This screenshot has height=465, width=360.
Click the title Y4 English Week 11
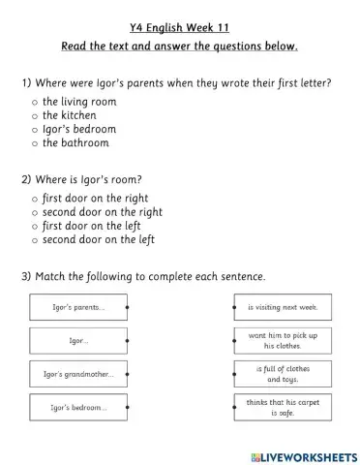pos(179,27)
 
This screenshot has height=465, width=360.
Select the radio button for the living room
pos(35,101)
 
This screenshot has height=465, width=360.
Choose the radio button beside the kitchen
pos(35,114)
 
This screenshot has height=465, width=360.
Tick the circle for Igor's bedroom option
pos(35,129)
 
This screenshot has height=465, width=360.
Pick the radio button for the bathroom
pos(35,142)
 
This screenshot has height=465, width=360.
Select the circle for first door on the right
pos(35,198)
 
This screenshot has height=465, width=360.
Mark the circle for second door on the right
pos(35,211)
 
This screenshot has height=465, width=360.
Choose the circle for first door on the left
pos(35,226)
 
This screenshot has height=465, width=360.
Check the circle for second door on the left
pos(35,239)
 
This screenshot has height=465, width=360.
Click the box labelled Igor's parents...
pos(79,308)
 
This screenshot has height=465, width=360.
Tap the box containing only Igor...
pos(79,341)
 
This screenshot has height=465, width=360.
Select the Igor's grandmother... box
pos(79,374)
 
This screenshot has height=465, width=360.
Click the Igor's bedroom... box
pos(79,407)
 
